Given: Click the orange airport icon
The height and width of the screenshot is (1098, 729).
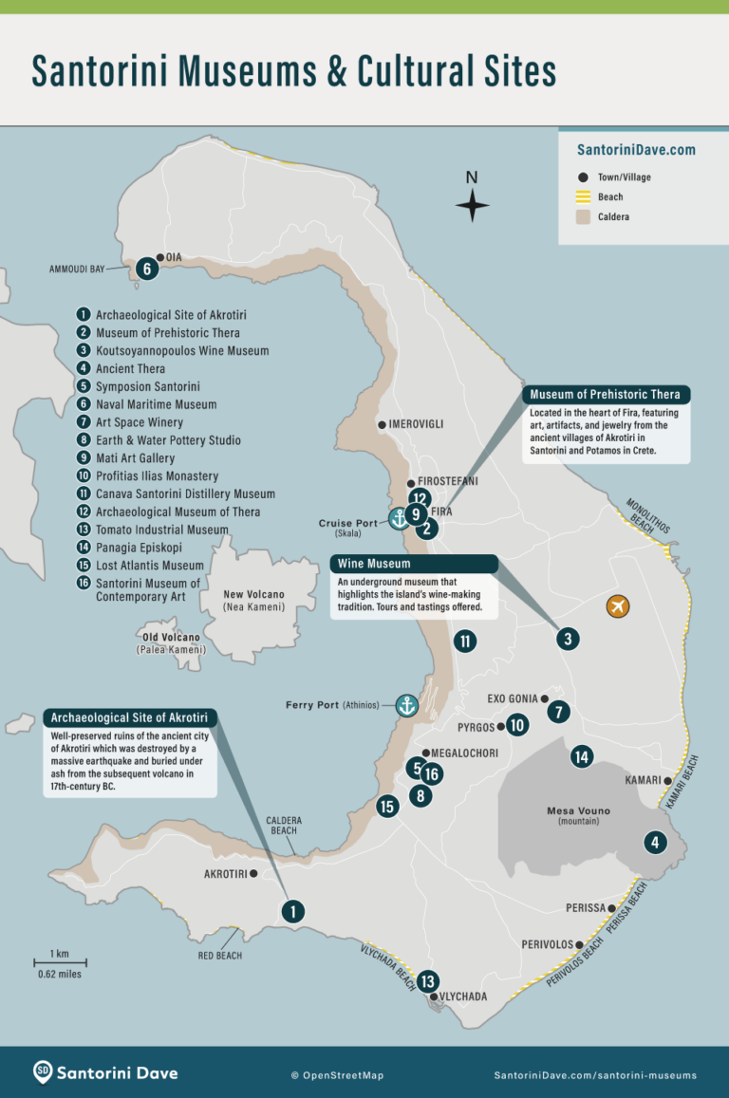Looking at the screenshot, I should coord(618,605).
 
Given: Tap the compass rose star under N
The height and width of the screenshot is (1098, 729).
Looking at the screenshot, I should coord(472,205).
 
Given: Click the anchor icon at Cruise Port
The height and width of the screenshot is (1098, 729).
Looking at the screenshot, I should coord(399,518).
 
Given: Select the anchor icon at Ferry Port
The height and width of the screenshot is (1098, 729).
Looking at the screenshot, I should coord(406,705).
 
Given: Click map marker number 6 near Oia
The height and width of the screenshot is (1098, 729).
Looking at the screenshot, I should coord(146,269).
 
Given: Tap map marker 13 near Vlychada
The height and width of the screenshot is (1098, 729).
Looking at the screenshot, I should coord(427,982).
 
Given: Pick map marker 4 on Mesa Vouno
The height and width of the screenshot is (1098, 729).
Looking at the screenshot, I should coord(654,842).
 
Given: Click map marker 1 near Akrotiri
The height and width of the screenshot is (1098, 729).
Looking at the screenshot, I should coord(293,911).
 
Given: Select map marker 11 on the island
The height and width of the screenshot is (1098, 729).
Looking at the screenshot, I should coord(465,642).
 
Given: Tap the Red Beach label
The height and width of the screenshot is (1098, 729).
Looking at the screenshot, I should coord(220,956).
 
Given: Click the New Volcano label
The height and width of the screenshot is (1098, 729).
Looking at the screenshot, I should coord(253,594).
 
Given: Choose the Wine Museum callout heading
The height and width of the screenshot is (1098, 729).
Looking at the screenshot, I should coord(375,564).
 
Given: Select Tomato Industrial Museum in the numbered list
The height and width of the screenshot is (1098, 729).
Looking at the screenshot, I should coord(161,530).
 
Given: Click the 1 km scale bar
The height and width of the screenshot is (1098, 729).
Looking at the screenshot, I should coord(59,963).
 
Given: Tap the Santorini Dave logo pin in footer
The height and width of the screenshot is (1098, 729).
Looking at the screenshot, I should coord(43,1073).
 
